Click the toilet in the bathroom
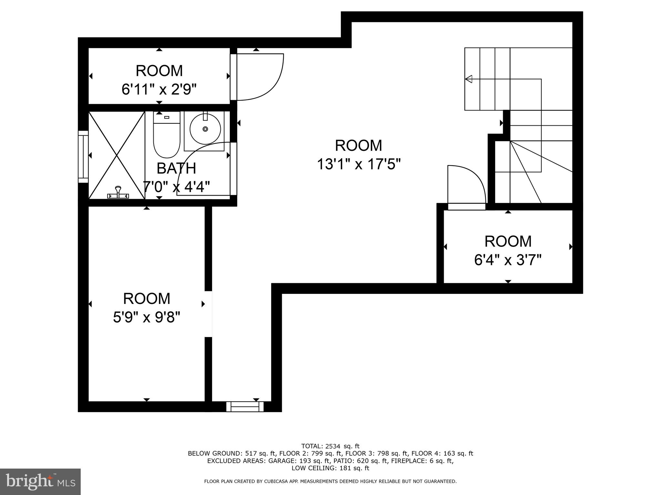[x=166, y=139]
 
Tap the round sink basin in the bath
[x=205, y=129]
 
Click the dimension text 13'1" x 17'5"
[x=358, y=164]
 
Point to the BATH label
[x=176, y=168]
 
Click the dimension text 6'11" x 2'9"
[x=159, y=89]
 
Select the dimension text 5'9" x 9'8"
[x=146, y=317]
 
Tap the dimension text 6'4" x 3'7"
[x=507, y=260]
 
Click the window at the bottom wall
[x=245, y=407]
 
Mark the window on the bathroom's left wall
[x=83, y=157]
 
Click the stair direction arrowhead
[x=469, y=79]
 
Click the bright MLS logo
[x=40, y=481]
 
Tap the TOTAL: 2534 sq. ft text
[x=330, y=446]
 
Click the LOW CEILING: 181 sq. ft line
[x=330, y=468]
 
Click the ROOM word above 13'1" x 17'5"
[x=358, y=145]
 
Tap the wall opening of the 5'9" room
[x=208, y=314]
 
